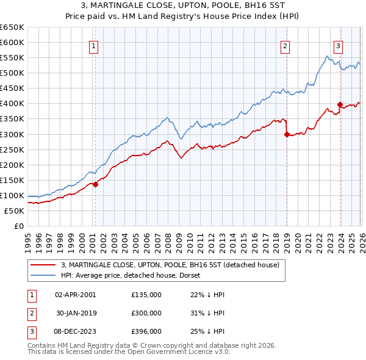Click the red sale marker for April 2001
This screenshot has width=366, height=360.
point(95,184)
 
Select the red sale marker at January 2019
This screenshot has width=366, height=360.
point(287,135)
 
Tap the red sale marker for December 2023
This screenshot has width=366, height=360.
point(340,105)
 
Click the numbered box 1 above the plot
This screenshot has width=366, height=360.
point(94,45)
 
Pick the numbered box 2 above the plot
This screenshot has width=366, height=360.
point(285,45)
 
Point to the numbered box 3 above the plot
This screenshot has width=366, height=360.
point(338,45)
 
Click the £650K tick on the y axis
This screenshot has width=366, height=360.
point(12,27)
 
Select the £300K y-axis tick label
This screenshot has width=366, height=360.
point(12,134)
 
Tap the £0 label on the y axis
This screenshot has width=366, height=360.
point(18,226)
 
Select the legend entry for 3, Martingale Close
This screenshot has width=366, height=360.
point(170,265)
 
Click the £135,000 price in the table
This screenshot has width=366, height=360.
point(146,294)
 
